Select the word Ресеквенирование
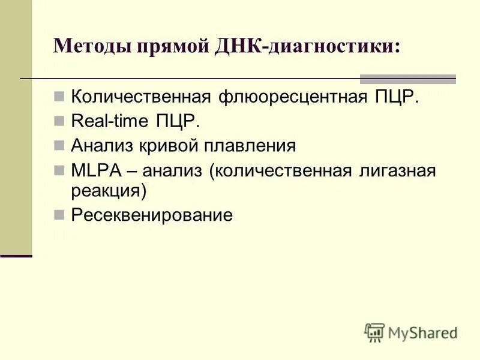[152, 215]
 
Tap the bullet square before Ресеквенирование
[59, 214]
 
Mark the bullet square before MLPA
[59, 170]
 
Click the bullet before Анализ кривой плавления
[59, 145]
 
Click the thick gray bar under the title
[407, 79]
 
